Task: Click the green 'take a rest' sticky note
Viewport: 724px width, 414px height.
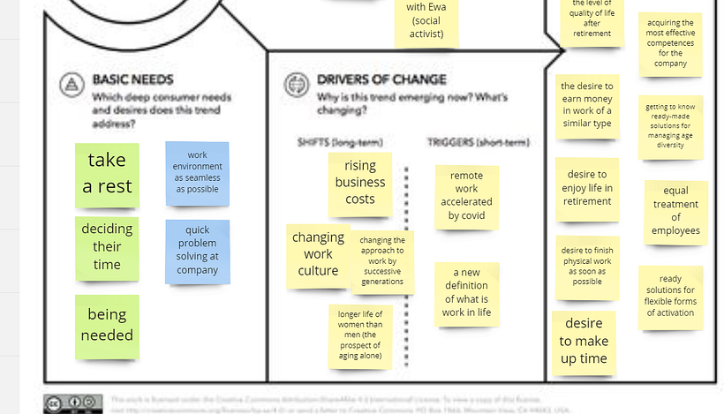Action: [107, 174]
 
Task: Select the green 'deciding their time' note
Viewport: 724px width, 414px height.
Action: [107, 247]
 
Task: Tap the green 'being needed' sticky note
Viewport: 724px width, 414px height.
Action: [107, 325]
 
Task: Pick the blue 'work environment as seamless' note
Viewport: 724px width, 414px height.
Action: [197, 172]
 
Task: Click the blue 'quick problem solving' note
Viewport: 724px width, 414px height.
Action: [197, 251]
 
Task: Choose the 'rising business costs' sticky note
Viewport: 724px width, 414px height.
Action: [360, 183]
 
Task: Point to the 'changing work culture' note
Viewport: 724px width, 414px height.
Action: [318, 254]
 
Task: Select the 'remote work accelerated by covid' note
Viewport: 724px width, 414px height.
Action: [466, 196]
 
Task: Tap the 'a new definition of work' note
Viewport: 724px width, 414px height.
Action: [466, 293]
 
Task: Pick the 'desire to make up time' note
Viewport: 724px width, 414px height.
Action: [584, 341]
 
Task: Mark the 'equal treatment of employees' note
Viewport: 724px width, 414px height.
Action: [675, 211]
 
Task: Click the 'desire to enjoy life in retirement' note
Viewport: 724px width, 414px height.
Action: [587, 188]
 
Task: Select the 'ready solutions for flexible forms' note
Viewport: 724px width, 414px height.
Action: [670, 297]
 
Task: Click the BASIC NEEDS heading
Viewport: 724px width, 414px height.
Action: [132, 79]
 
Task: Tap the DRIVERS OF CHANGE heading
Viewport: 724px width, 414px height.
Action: [381, 79]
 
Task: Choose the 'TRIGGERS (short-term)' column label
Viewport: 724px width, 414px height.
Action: [478, 142]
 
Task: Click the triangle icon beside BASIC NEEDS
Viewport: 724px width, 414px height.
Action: [71, 85]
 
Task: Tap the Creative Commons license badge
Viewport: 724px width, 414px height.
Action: [73, 403]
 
